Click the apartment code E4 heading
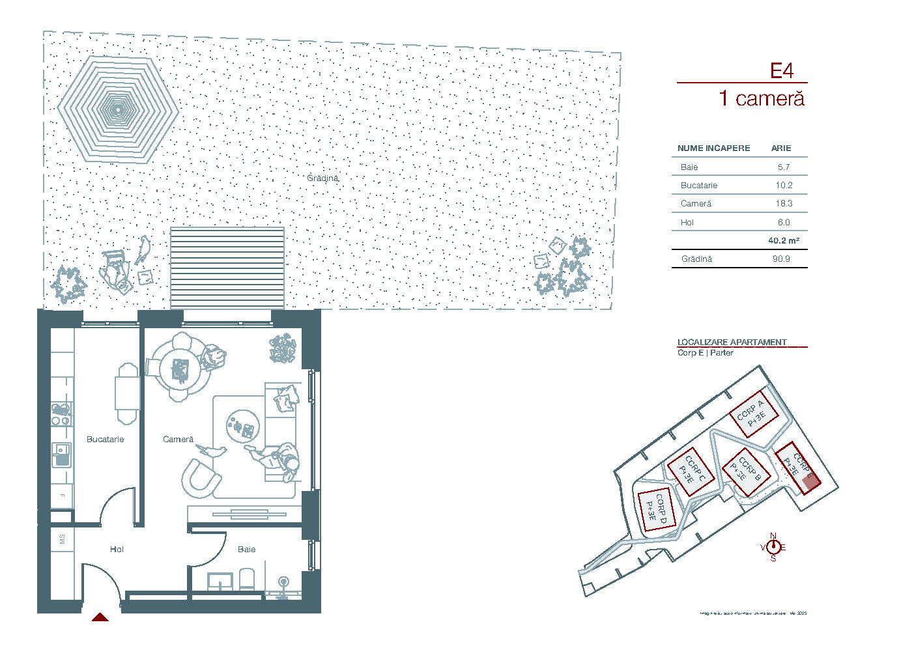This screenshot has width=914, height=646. click(782, 71)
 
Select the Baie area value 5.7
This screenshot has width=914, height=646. click(783, 167)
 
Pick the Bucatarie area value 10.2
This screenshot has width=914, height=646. click(784, 186)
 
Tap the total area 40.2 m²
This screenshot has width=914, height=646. click(783, 241)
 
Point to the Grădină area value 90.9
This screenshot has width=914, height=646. click(781, 259)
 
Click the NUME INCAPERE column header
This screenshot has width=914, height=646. click(713, 148)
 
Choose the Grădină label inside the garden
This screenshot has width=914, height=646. click(322, 178)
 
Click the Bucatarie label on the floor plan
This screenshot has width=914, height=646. click(105, 440)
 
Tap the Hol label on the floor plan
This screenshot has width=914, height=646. click(117, 550)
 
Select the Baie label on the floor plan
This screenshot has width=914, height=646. click(246, 550)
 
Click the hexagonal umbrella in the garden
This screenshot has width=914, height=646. click(118, 110)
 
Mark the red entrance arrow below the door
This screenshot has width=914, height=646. click(100, 617)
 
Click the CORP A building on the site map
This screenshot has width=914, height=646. click(754, 414)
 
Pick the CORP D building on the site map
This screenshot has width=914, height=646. click(655, 510)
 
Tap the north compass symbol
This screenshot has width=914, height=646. click(773, 547)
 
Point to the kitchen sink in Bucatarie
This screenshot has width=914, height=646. click(62, 454)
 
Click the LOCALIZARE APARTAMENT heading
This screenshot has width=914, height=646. click(732, 343)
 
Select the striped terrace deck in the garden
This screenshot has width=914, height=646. click(227, 268)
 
